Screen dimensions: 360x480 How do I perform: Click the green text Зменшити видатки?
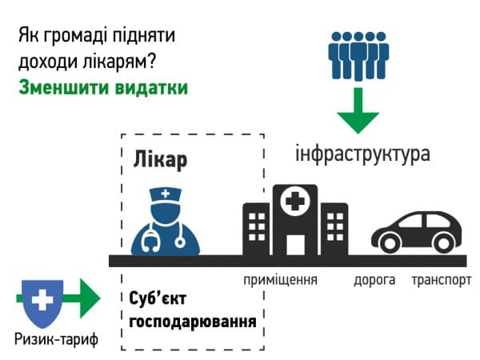tap(103, 87)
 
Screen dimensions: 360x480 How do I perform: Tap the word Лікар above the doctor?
tap(159, 159)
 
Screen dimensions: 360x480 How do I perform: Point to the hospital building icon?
tap(295, 220)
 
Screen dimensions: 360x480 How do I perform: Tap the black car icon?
tap(416, 230)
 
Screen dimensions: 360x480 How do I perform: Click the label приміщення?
tap(281, 280)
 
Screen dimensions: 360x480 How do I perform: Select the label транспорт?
tap(441, 280)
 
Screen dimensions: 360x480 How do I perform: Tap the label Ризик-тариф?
tap(55, 340)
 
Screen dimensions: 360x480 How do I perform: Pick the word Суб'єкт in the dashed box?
tap(158, 301)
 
